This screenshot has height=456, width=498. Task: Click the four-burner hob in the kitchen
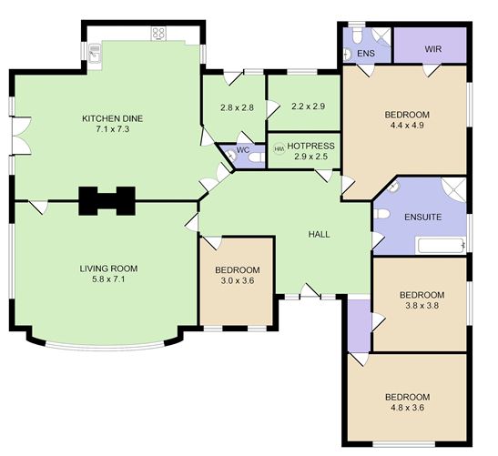pos(158,33)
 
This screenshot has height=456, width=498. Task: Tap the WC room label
pos(244,148)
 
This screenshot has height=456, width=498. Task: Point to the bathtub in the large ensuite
pos(440,245)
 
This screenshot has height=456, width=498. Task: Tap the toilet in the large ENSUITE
pos(382,215)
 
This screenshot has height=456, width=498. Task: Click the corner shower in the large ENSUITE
pos(454,191)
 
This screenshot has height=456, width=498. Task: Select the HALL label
pos(319,234)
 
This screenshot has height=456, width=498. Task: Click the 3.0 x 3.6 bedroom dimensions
pos(237,282)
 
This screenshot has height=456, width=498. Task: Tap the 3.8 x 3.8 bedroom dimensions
pos(422,307)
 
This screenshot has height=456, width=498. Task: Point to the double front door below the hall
pos(310,294)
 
